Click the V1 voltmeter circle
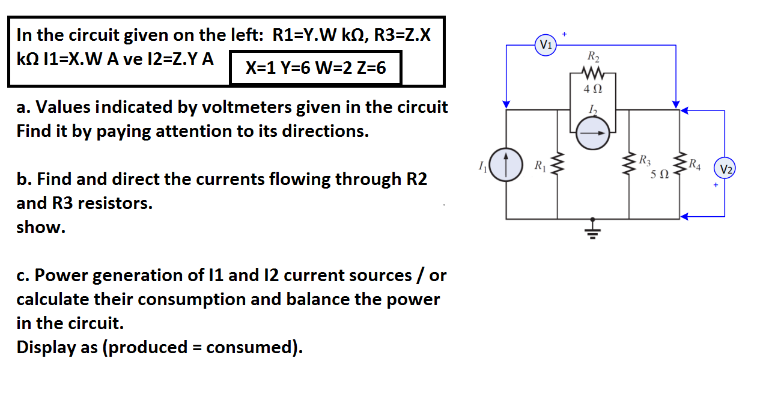(x=546, y=45)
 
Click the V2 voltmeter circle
(x=725, y=169)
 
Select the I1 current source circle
(x=506, y=165)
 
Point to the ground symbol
(x=594, y=230)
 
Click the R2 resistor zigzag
(x=593, y=75)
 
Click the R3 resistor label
(x=643, y=160)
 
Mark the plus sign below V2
(x=716, y=186)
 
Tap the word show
(x=41, y=228)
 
